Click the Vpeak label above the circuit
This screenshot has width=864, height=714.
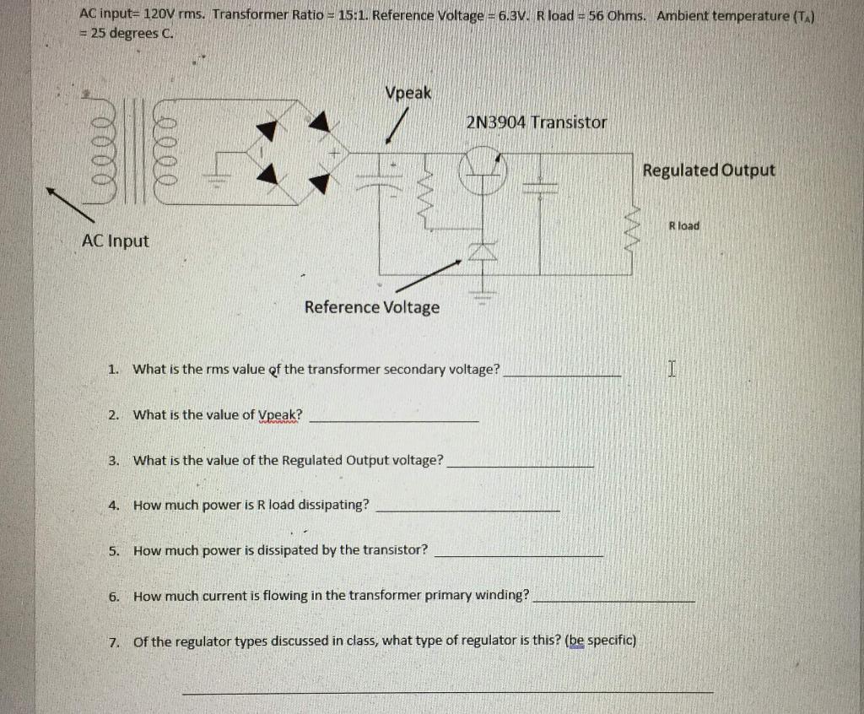click(408, 93)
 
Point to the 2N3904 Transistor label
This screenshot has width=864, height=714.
click(536, 122)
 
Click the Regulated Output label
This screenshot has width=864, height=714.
click(708, 170)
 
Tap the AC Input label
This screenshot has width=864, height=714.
click(115, 241)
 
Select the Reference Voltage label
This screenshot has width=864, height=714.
click(371, 306)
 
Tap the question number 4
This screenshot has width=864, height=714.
click(113, 505)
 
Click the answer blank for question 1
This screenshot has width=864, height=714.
click(562, 371)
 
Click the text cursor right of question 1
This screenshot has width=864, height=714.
click(672, 368)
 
